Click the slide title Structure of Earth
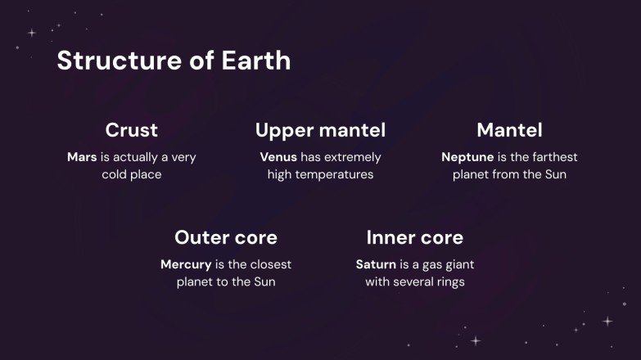(174, 61)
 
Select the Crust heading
(132, 130)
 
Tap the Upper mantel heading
(320, 130)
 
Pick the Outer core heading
(226, 237)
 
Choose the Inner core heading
(414, 237)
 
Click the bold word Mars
(82, 157)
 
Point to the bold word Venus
(278, 157)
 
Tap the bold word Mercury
(186, 264)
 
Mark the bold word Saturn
(376, 264)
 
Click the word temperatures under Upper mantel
(336, 174)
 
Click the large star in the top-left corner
(32, 33)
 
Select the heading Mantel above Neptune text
(509, 130)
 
